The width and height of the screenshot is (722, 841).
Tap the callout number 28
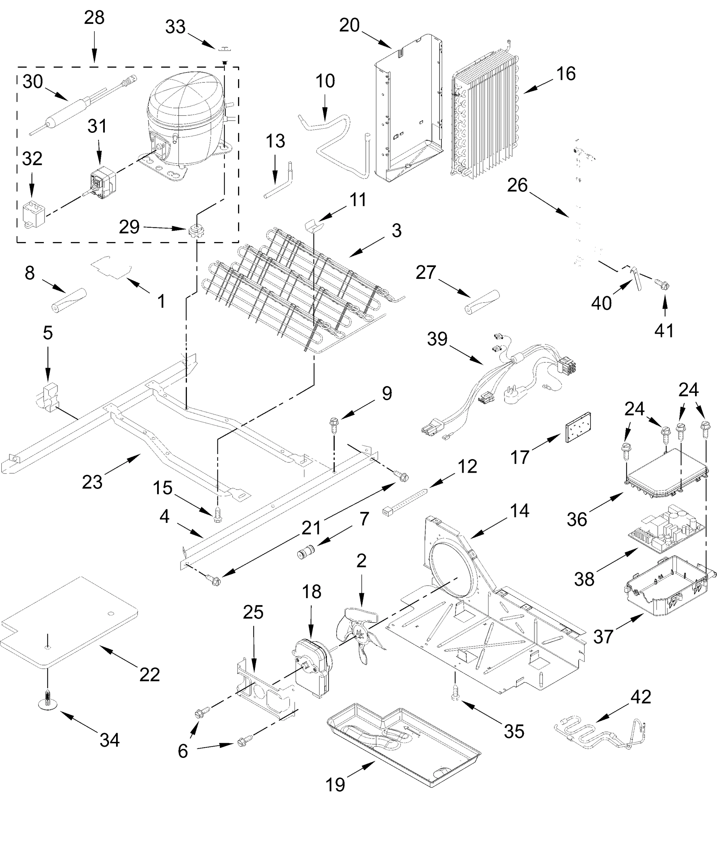click(x=94, y=18)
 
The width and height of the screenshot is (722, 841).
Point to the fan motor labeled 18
click(x=313, y=666)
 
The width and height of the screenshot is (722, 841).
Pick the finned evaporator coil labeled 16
click(x=485, y=118)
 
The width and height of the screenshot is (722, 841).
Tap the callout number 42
click(x=641, y=697)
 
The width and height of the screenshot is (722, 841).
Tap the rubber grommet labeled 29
click(x=196, y=231)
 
